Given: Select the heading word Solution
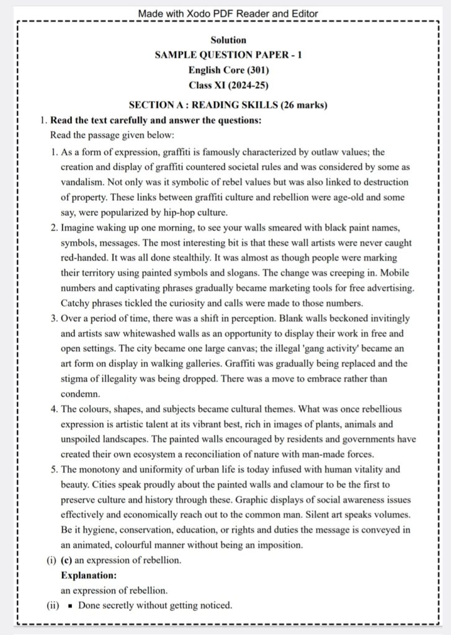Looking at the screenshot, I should click(228, 40).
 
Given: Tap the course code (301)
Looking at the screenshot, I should click(247, 70).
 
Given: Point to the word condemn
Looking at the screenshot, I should click(81, 393).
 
